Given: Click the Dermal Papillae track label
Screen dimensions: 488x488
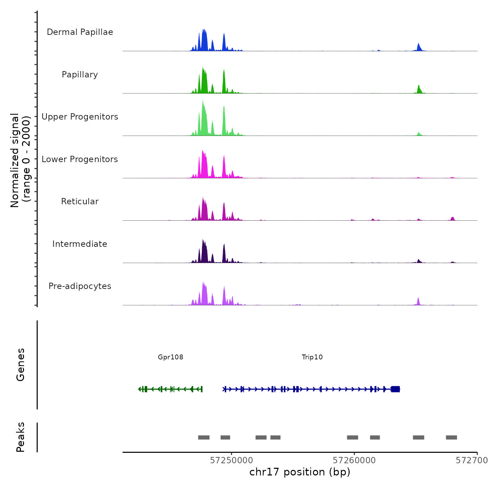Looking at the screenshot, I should (80, 32).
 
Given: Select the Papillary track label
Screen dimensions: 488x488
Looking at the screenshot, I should (80, 75).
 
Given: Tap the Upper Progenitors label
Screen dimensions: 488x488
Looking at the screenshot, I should (80, 117).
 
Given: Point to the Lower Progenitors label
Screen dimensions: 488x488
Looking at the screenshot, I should (80, 159).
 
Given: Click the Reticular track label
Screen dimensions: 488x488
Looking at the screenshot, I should (80, 201).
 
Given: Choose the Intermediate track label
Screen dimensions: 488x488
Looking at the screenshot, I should (80, 244).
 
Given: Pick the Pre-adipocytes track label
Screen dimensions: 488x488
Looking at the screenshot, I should (80, 286).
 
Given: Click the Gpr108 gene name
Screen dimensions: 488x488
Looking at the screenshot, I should (170, 357).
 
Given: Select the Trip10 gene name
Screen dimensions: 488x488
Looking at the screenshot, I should (312, 357).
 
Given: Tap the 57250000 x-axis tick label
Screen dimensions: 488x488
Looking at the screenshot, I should (231, 460).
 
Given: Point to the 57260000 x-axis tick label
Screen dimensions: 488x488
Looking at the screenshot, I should (354, 460).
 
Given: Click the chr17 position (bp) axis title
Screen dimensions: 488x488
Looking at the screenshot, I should (300, 472).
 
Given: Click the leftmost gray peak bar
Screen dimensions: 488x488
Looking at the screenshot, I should (204, 437).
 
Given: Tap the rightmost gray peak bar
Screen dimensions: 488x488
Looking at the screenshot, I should (451, 437).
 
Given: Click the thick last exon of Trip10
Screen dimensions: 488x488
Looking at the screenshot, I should (395, 389).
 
